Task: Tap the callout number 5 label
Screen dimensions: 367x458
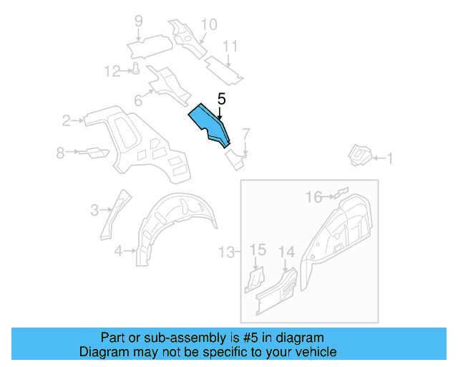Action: pyautogui.click(x=221, y=100)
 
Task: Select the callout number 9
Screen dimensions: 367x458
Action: pyautogui.click(x=138, y=21)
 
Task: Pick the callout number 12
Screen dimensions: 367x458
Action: pyautogui.click(x=112, y=70)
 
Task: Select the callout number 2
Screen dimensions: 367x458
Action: pyautogui.click(x=65, y=120)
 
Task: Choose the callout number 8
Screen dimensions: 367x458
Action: pyautogui.click(x=61, y=152)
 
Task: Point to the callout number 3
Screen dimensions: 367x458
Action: pyautogui.click(x=94, y=209)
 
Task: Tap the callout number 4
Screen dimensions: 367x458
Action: pyautogui.click(x=118, y=250)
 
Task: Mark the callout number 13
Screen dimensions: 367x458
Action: pyautogui.click(x=226, y=252)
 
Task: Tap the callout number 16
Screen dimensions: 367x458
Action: pyautogui.click(x=314, y=196)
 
